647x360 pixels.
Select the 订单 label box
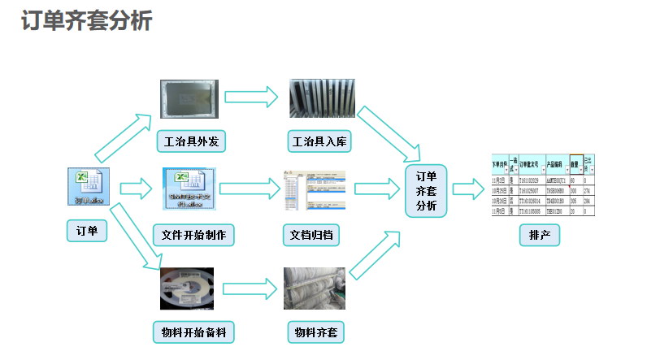tap(86, 232)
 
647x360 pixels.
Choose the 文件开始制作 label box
tap(193, 236)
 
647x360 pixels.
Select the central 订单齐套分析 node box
tap(426, 192)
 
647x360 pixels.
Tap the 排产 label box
tap(540, 236)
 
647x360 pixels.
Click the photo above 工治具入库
tap(322, 99)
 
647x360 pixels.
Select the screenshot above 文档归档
tap(314, 192)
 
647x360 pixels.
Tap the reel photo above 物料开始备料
tap(187, 288)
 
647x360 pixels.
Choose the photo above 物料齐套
tap(315, 288)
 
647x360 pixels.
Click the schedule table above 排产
tap(542, 185)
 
